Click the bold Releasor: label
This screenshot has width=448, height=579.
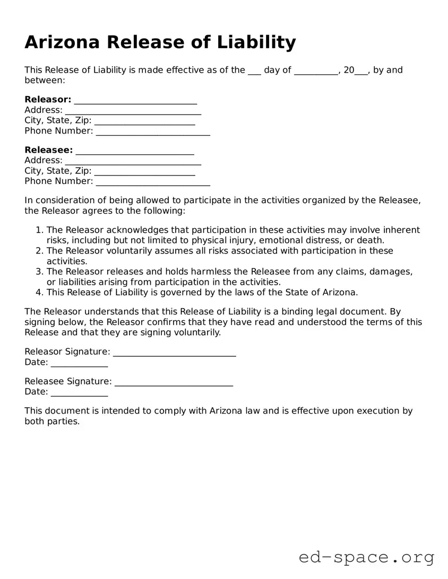[x=48, y=100]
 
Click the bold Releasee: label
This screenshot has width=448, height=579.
[x=48, y=150]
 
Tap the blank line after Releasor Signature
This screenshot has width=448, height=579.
[x=175, y=352]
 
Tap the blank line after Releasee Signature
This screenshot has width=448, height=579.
[x=174, y=381]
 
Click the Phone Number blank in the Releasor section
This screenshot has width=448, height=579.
[x=153, y=131]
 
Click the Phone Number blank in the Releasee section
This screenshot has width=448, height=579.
[x=153, y=181]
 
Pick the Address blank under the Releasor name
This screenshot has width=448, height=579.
[x=133, y=110]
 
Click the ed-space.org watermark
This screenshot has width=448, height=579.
[x=366, y=557]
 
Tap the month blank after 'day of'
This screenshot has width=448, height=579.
[x=316, y=70]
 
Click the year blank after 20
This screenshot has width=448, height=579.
[x=361, y=70]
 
